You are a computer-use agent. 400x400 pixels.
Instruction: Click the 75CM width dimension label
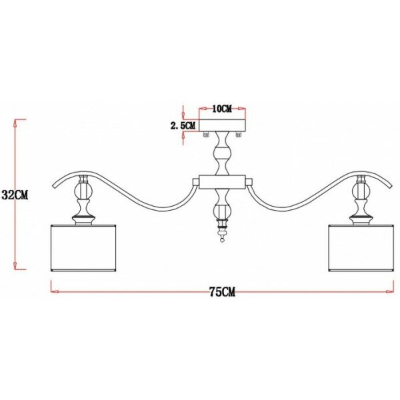222,291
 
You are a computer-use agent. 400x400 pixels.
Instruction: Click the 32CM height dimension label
14,195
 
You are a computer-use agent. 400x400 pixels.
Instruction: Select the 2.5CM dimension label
183,125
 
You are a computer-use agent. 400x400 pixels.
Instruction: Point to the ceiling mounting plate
223,125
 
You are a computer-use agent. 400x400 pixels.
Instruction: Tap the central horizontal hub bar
223,181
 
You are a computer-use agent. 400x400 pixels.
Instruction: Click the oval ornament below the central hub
223,215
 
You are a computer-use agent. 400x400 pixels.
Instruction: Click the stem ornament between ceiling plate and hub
223,157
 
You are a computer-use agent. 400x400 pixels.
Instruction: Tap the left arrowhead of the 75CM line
54,291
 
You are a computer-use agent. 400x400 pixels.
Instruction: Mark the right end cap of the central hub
247,181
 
